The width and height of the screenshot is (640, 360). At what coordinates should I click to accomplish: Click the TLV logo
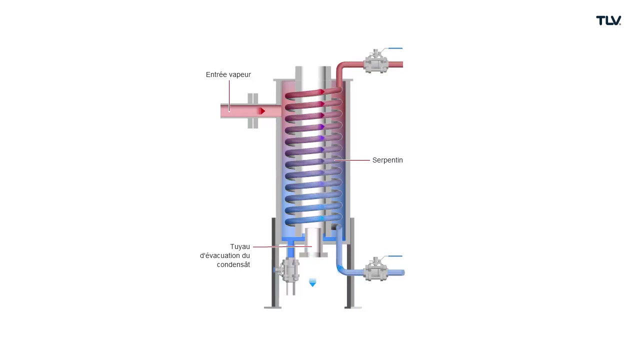(x=608, y=20)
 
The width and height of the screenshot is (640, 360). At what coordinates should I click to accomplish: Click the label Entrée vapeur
(x=228, y=74)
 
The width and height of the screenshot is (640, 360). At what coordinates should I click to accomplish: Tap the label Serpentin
(x=387, y=160)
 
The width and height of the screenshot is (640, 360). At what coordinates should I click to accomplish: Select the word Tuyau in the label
(x=239, y=246)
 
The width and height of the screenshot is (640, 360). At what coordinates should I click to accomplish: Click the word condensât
(x=233, y=264)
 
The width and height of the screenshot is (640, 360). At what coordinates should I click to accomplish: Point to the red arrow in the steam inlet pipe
(x=261, y=111)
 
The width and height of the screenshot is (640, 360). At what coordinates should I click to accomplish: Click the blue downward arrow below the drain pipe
(x=312, y=282)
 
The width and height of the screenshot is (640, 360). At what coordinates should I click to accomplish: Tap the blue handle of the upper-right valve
(x=395, y=48)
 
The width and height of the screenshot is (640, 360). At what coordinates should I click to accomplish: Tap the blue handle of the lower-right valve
(x=395, y=256)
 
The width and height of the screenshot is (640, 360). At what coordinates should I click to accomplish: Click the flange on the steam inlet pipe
(x=253, y=111)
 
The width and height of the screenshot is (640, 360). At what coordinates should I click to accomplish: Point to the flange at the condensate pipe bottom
(x=313, y=255)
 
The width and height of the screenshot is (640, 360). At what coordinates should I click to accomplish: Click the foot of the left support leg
(x=272, y=307)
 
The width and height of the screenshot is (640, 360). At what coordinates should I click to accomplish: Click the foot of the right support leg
(x=353, y=307)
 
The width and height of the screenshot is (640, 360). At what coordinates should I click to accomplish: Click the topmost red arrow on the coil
(x=322, y=91)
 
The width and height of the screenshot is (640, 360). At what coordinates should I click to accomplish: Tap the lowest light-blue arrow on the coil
(x=322, y=218)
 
